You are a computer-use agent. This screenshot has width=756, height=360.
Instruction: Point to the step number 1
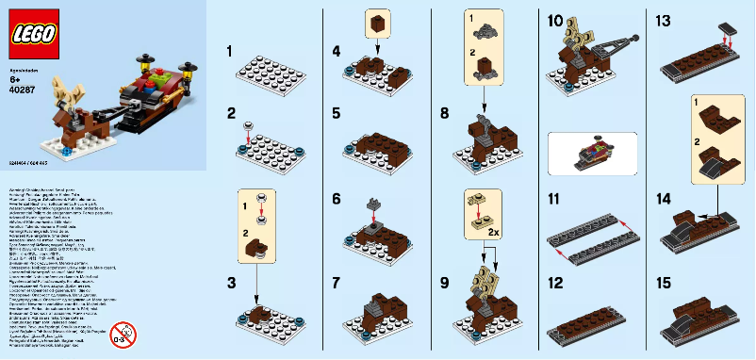(x=231, y=50)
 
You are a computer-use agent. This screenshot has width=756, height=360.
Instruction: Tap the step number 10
(x=554, y=21)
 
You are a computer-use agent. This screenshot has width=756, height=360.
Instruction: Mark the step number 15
(x=663, y=283)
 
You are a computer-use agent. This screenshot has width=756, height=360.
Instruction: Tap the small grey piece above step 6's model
(x=373, y=201)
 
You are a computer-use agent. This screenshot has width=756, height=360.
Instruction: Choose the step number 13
(x=663, y=21)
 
